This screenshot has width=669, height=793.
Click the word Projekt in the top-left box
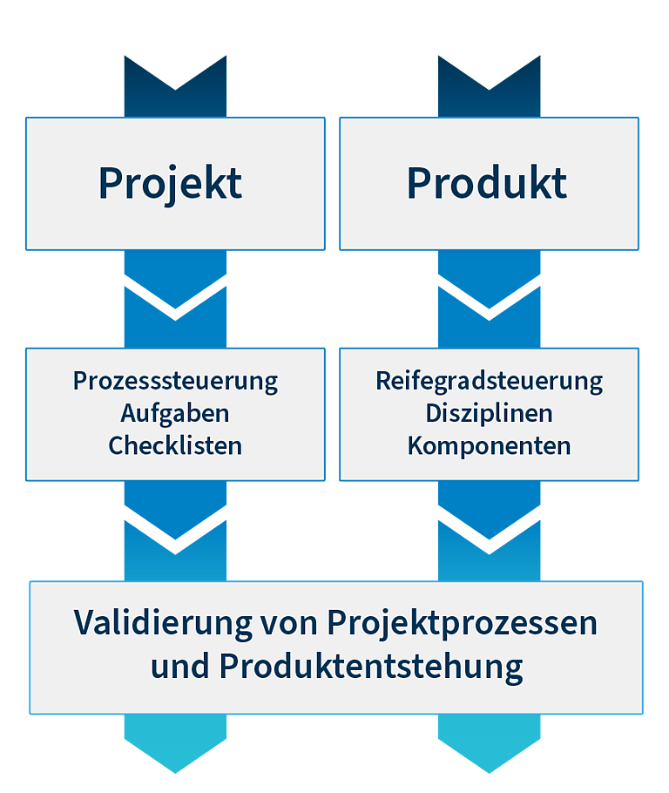171,183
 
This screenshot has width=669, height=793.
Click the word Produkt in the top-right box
487,183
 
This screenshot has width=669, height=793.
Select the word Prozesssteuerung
175,382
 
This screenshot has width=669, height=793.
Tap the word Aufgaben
175,414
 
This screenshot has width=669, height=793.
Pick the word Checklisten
175,445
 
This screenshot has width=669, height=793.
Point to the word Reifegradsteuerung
489,382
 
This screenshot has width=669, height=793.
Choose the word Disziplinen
489,414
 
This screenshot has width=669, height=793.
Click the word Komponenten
489,446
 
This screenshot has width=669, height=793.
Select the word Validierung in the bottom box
163,622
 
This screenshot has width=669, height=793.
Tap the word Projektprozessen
463,622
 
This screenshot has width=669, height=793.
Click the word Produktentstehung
371,667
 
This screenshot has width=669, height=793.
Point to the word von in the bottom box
289,626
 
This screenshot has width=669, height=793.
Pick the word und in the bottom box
180,666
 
